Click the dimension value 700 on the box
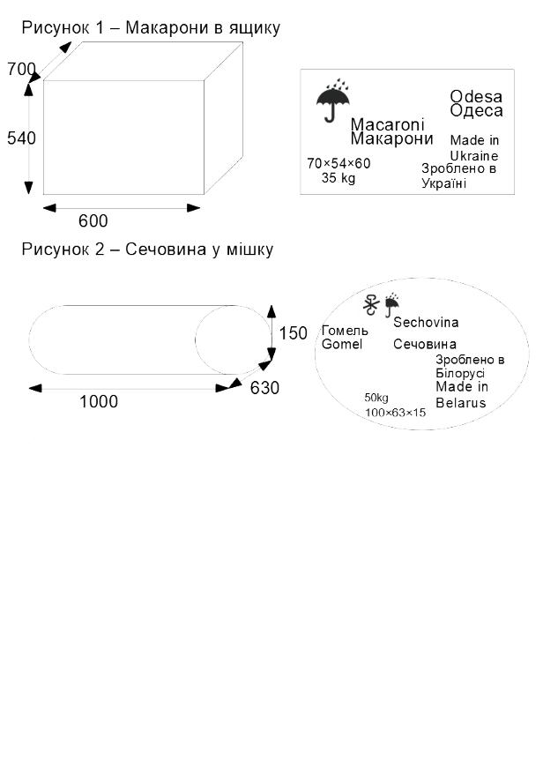click(21, 69)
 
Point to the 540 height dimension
click(21, 138)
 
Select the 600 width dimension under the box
click(93, 221)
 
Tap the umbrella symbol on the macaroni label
click(332, 102)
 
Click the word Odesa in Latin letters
click(476, 96)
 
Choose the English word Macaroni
click(387, 124)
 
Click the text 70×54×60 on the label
click(338, 163)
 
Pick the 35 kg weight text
click(338, 177)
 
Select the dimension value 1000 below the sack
click(99, 402)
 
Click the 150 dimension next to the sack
click(294, 333)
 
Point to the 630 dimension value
click(264, 388)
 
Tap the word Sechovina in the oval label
click(426, 323)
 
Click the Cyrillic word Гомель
click(345, 331)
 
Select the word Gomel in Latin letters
click(342, 344)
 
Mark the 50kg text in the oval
click(376, 398)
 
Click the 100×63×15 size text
click(395, 412)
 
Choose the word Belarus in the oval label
click(460, 403)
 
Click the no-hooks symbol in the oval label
click(372, 304)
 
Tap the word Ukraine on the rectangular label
click(473, 154)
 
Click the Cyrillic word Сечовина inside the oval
click(425, 345)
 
